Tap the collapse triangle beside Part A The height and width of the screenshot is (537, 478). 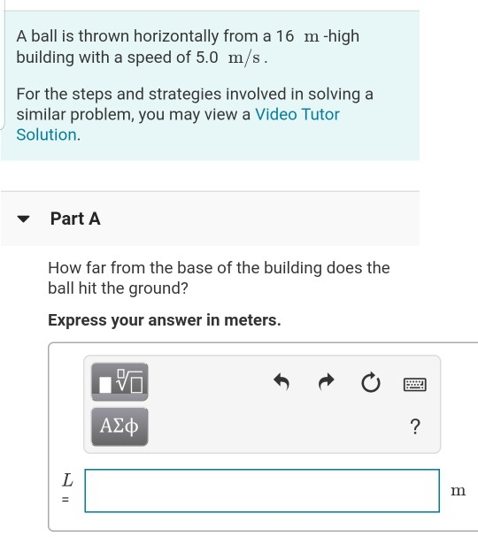coord(26,219)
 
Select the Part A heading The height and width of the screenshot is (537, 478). coord(75,219)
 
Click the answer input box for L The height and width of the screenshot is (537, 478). coord(262,490)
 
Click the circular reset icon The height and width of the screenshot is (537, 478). coord(370,382)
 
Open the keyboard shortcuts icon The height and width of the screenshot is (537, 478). coord(414,384)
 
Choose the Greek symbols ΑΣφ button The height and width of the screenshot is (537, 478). coord(119,427)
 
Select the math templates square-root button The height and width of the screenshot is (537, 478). coord(119,382)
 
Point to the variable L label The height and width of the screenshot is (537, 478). coord(66,480)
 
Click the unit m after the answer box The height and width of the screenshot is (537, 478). coord(457,490)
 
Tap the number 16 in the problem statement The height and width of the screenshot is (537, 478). coord(284,36)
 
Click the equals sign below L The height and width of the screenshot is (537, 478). coord(66,499)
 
